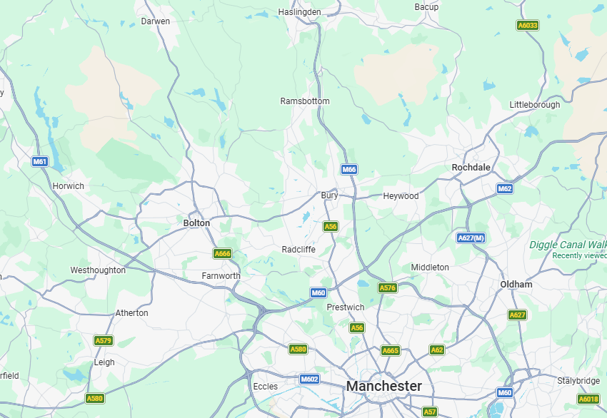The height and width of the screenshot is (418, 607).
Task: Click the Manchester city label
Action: (383, 386)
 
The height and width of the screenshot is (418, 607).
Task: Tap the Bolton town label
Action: (197, 223)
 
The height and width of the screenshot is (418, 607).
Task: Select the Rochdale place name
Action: (471, 167)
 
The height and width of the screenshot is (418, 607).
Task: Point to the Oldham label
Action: (516, 284)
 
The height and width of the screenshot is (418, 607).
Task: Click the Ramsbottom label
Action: (305, 101)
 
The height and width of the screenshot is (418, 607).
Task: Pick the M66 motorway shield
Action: (348, 169)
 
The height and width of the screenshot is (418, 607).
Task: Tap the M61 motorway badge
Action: (40, 162)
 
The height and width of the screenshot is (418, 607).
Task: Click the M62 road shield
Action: (505, 189)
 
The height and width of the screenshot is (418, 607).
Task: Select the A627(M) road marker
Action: (471, 238)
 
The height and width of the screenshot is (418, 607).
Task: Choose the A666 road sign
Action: (223, 253)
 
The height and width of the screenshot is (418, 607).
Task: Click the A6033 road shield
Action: (528, 25)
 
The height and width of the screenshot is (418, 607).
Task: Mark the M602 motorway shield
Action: (309, 379)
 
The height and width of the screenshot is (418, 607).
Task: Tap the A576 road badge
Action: (387, 288)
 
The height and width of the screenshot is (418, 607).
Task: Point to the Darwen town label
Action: (156, 21)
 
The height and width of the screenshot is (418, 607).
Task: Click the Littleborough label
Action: (535, 105)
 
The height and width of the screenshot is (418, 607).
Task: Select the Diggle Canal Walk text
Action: (568, 245)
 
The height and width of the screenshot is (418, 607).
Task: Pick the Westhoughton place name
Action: (98, 270)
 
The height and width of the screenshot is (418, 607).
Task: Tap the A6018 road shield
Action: (588, 399)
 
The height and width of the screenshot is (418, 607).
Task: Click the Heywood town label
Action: (401, 195)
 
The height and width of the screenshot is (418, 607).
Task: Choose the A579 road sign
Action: (104, 340)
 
